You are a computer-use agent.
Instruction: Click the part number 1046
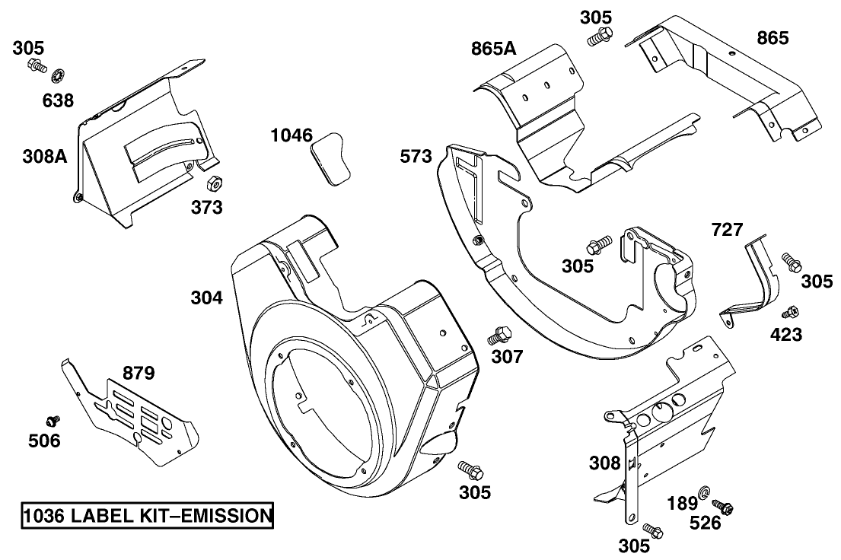(x=291, y=135)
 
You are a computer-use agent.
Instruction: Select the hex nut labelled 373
(x=215, y=183)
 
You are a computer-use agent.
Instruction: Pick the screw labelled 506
(x=53, y=420)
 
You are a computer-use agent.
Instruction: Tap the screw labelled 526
(x=723, y=505)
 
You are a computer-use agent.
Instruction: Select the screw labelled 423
(x=790, y=312)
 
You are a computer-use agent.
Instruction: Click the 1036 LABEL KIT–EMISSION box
(x=146, y=516)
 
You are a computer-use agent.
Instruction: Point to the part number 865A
(x=493, y=50)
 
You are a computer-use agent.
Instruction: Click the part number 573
(x=416, y=157)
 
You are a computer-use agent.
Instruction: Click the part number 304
(x=206, y=298)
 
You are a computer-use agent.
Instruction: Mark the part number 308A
(x=44, y=157)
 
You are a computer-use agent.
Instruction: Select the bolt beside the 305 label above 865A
(x=600, y=34)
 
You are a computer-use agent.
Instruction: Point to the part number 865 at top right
(x=773, y=37)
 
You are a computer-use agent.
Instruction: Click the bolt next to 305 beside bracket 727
(x=792, y=262)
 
